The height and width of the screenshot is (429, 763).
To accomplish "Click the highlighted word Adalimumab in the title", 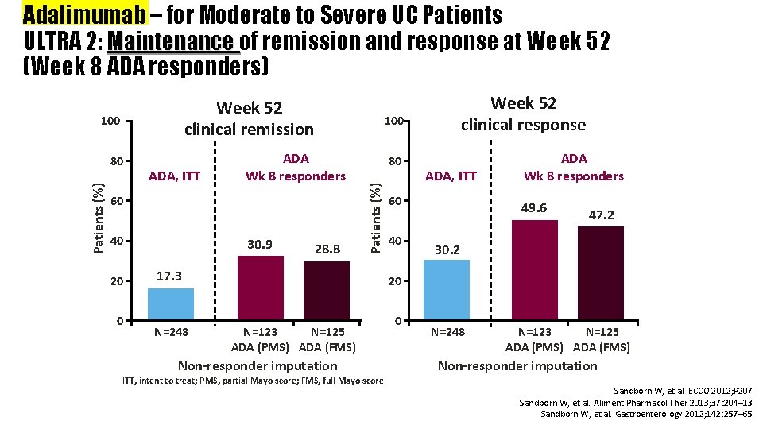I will point(85,15).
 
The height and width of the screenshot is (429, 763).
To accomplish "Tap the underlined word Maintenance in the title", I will point(173,41).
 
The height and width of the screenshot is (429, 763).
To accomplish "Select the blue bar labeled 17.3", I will point(171,304).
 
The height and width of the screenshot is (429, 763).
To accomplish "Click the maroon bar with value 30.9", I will point(260,288).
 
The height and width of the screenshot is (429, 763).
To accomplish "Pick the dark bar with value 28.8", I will point(326,291).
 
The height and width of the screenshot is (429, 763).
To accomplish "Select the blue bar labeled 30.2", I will point(446,290).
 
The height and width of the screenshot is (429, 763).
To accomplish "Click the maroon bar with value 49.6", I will point(534,270).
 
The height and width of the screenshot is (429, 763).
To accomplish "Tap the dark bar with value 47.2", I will point(600,273).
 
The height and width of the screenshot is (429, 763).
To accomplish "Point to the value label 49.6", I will point(533,207).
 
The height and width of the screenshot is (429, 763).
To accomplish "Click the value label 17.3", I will point(168,276).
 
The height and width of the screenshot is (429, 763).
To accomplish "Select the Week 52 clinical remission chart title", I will point(249,118).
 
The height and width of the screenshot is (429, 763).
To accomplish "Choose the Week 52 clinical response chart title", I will point(523,114).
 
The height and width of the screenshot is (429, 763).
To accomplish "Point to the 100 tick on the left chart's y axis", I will point(110,122).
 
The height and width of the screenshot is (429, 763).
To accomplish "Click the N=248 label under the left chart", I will point(171,332).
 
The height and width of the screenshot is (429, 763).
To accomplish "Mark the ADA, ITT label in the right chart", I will point(451,176).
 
